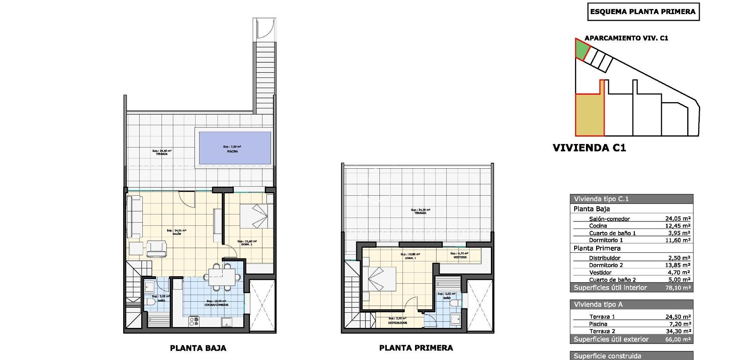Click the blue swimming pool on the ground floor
click(235, 148)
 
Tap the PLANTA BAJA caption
click(198, 348)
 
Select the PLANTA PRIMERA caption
click(416, 348)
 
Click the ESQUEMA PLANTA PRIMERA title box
click(643, 12)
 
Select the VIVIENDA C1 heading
click(589, 148)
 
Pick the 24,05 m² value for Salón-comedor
click(677, 219)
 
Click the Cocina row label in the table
click(598, 226)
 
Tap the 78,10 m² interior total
click(677, 288)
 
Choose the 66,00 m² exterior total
click(678, 339)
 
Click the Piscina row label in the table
click(598, 324)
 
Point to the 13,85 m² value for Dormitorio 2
click(677, 265)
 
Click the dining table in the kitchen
click(222, 277)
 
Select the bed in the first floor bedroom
click(379, 279)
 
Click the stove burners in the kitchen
click(194, 322)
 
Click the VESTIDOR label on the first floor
click(460, 257)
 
